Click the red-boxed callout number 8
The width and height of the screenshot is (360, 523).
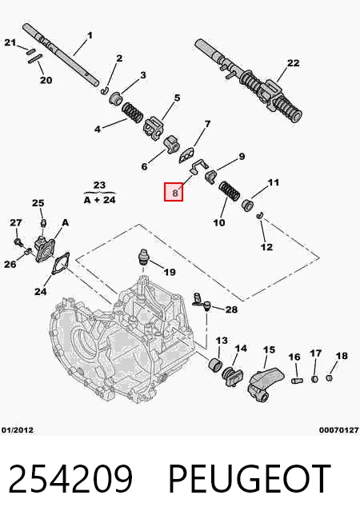tap(175, 193)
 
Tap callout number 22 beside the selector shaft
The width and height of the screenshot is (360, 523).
tap(293, 62)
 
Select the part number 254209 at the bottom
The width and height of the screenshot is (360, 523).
tap(70, 477)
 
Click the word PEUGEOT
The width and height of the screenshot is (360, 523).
tap(250, 477)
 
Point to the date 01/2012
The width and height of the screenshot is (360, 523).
tap(18, 430)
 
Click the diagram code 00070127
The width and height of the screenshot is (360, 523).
tap(338, 430)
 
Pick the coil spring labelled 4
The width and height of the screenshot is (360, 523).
tap(132, 113)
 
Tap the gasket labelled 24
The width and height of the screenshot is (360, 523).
tap(61, 264)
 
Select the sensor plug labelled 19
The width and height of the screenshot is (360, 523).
tap(143, 258)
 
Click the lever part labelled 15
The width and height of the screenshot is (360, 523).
tap(266, 382)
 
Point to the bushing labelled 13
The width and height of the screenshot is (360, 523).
tap(215, 364)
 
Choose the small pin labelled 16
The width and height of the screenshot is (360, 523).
tap(296, 380)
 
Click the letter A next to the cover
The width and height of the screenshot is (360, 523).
tap(66, 222)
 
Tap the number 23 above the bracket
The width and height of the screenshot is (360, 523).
tap(99, 185)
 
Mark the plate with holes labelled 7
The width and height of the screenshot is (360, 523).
tap(189, 155)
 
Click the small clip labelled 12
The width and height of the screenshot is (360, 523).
tap(259, 216)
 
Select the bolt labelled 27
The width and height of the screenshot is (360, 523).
tap(18, 241)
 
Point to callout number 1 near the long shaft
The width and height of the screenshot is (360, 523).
tap(90, 35)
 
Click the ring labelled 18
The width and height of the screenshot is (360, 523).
tap(329, 378)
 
